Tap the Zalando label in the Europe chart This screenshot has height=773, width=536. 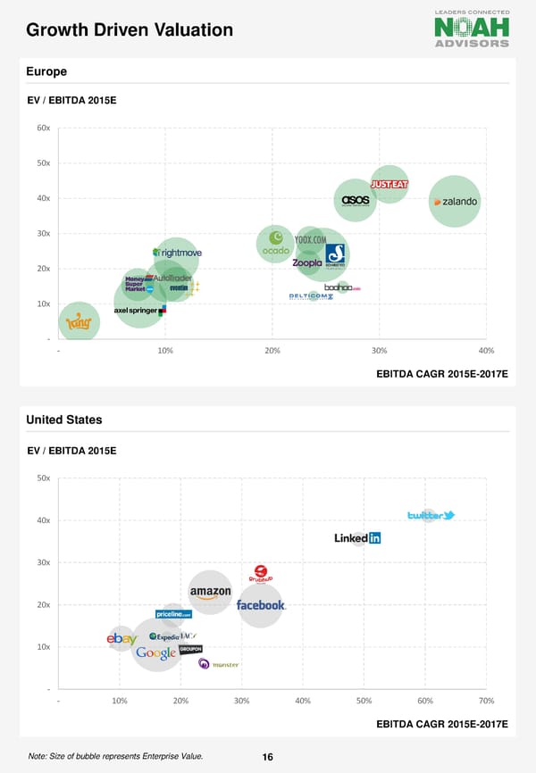tap(455, 202)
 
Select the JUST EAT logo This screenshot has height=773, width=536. tap(389, 185)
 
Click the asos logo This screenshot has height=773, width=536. tap(356, 200)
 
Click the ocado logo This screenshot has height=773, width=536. tap(275, 246)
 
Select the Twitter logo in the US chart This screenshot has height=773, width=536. tap(431, 516)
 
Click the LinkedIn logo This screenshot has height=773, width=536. tap(357, 537)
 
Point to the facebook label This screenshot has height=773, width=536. tap(261, 604)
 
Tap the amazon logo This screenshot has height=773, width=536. tap(210, 592)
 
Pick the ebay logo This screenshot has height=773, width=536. tap(121, 638)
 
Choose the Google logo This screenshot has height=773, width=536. tap(155, 652)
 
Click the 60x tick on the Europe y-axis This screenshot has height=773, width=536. tap(43, 128)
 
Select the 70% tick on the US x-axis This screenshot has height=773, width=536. tap(486, 700)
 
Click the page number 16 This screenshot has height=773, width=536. tap(267, 757)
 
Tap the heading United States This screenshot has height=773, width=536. tap(64, 420)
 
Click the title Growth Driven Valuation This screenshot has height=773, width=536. tap(130, 30)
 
